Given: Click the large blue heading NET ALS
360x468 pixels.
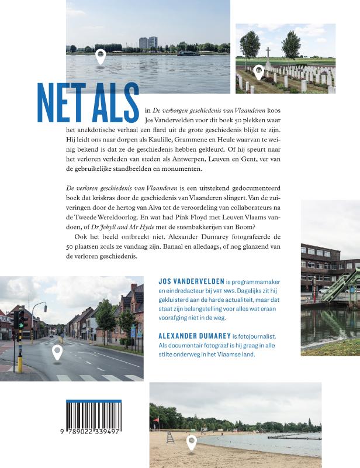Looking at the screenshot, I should [88, 104].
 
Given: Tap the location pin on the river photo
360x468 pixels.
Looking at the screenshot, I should [101, 56].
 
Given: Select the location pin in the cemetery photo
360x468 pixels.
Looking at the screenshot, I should [258, 73].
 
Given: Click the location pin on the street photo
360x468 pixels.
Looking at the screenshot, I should [57, 352].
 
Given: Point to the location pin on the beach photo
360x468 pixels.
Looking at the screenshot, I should [191, 443].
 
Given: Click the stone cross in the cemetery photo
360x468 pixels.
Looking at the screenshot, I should [268, 58].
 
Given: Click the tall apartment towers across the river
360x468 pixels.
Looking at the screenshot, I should [148, 42].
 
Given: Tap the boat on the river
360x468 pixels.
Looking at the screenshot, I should [186, 53].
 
